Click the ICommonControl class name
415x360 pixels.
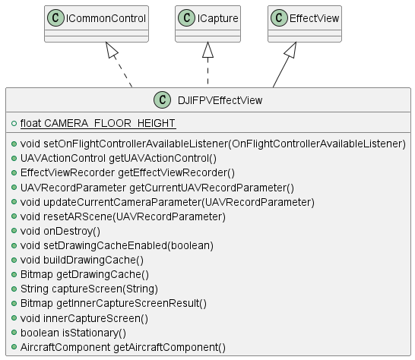106,18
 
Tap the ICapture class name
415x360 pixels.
217,18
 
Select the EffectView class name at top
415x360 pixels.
314,18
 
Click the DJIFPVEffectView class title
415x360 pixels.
220,100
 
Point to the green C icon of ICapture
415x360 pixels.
186,18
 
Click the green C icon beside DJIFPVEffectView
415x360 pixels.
162,99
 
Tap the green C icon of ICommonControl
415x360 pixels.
55,18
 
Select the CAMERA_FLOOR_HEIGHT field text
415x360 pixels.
97,123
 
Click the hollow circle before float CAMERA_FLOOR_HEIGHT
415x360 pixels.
14,123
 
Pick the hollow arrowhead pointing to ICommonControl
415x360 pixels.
112,49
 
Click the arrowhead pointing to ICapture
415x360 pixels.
207,49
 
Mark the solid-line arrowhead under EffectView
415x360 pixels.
291,49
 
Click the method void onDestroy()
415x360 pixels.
60,231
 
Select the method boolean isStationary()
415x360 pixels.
73,333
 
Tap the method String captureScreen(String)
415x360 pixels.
89,289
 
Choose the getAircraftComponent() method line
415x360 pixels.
123,347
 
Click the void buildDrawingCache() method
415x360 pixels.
82,260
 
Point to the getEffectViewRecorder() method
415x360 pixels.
128,172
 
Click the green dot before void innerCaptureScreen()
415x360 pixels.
14,317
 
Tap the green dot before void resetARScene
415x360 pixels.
14,216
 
